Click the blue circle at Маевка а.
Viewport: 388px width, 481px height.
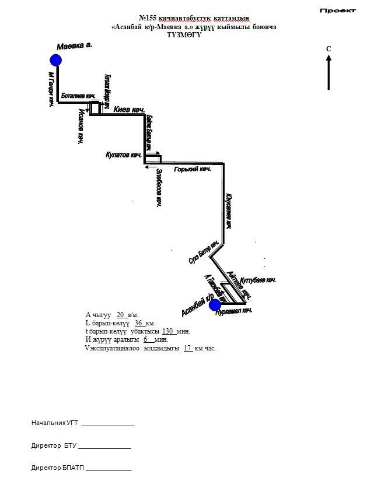56,59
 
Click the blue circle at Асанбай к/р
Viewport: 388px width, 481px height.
215,304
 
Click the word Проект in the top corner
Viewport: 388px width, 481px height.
338,10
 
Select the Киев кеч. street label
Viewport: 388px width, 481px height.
129,110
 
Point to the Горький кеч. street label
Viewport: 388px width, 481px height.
193,169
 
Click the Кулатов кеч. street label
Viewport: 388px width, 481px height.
124,155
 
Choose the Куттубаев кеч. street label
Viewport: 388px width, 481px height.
258,280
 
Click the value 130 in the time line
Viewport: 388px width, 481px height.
168,331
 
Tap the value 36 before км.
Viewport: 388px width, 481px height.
139,323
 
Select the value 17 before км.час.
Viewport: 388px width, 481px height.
188,348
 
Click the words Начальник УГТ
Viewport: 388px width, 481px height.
55,423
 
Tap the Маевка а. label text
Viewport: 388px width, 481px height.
75,45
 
